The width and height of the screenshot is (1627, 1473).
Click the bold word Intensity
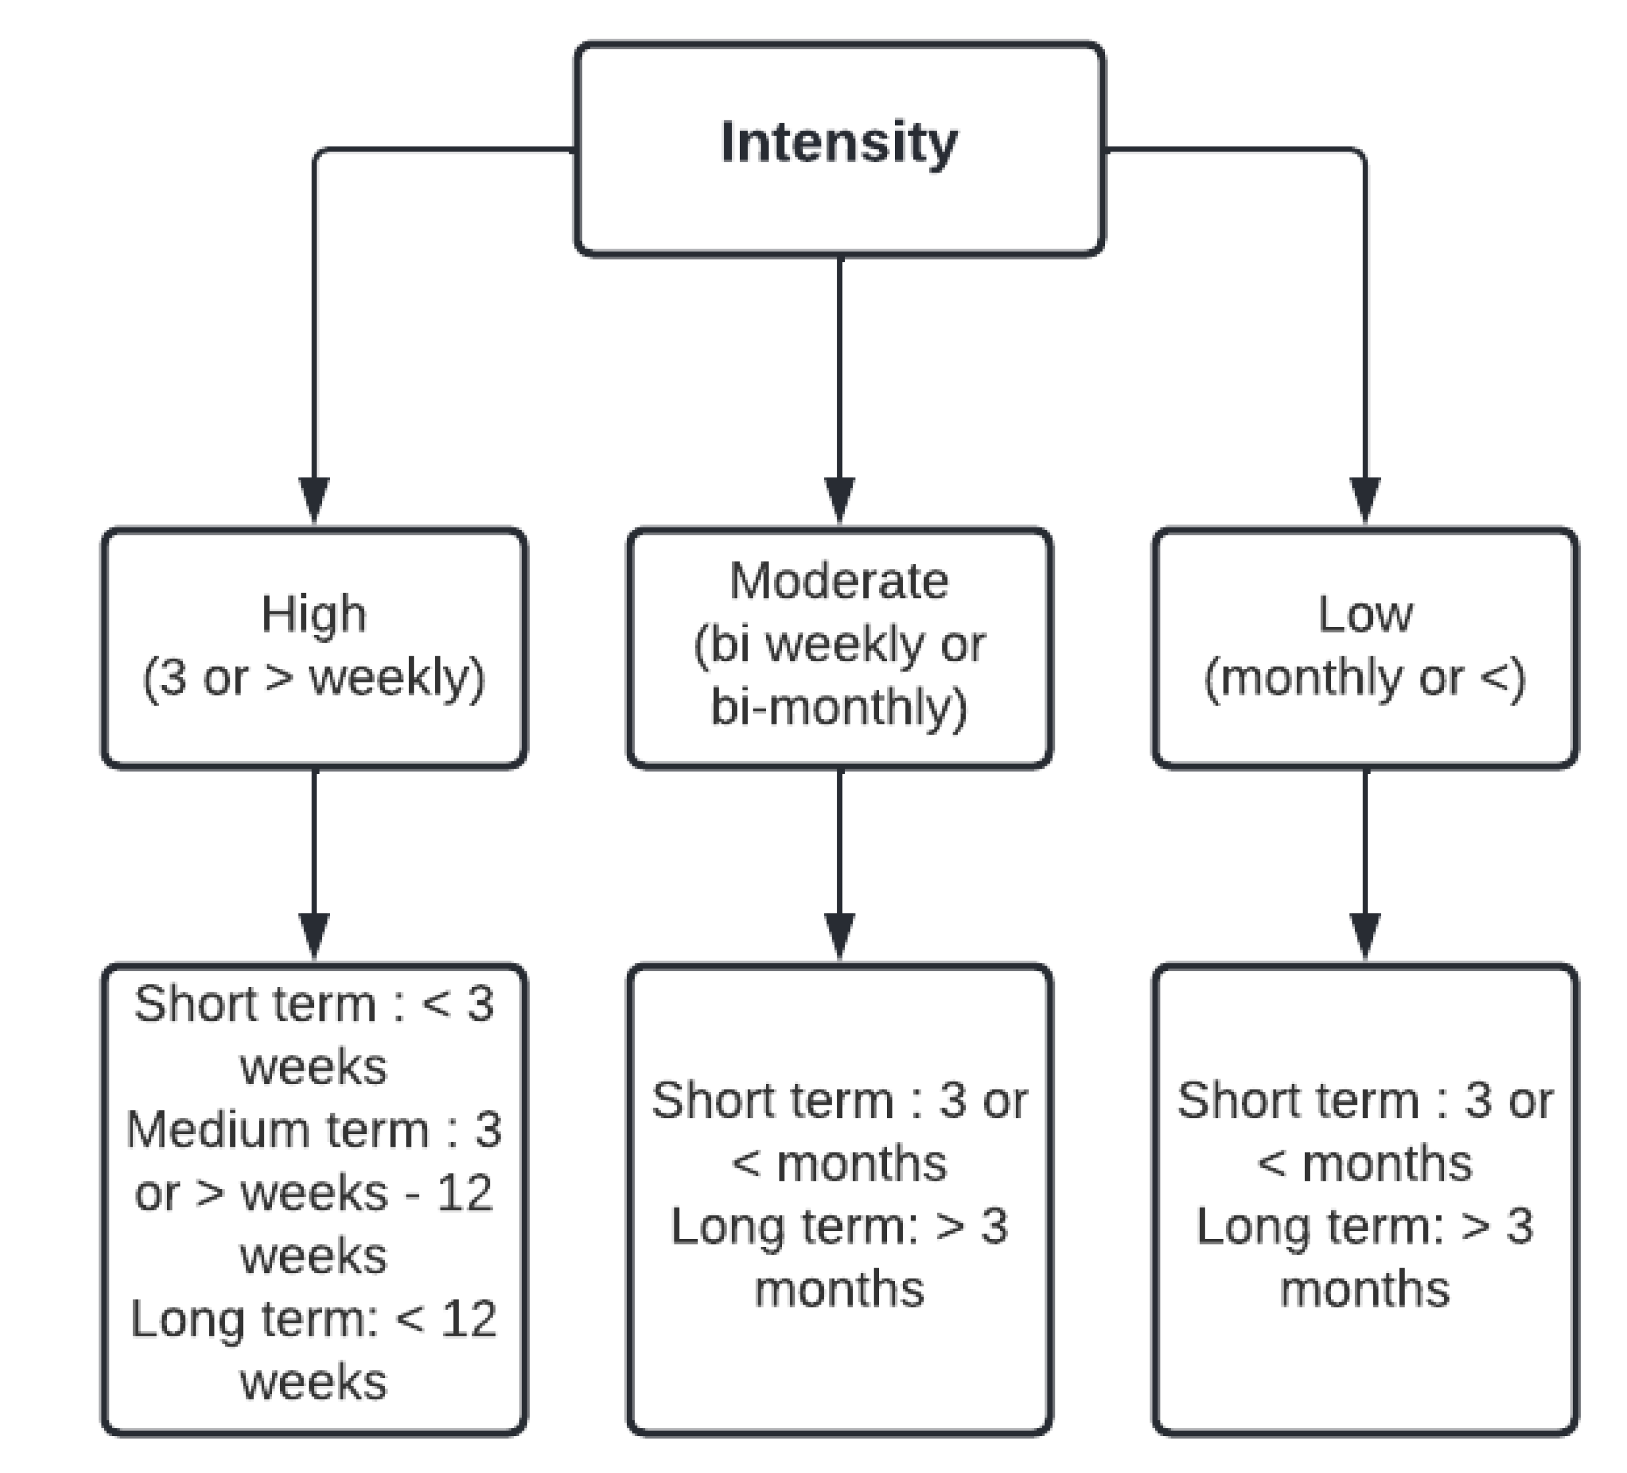(x=840, y=143)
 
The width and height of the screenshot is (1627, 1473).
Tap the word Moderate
(x=840, y=580)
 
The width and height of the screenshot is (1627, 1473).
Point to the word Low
(x=1365, y=614)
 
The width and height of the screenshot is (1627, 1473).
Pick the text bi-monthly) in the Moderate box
(x=840, y=707)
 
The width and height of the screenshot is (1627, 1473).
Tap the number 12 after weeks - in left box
(x=465, y=1192)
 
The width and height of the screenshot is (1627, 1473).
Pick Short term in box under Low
(x=1298, y=1100)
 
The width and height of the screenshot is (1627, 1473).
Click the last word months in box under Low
(x=1365, y=1289)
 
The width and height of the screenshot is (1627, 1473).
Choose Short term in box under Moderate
(x=772, y=1100)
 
